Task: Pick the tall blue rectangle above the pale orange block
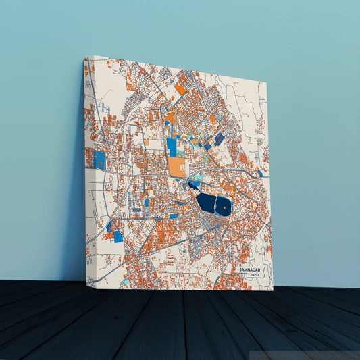coord(172,147)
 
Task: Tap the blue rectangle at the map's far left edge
coord(99,159)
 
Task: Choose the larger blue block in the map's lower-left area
coord(118,236)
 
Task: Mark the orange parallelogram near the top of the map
coord(180,88)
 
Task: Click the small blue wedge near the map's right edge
coord(261,174)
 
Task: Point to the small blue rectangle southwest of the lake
coord(174,216)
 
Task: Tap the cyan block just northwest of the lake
coord(195,180)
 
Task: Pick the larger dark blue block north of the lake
coord(220,138)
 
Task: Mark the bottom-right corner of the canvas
coord(273,290)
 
